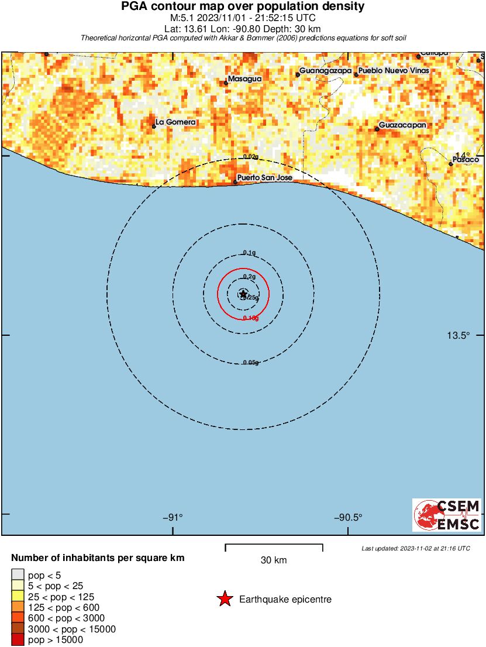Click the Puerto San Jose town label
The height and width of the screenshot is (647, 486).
coord(264,177)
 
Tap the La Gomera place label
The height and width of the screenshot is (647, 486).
coord(175,122)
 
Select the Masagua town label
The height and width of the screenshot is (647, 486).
coord(245,78)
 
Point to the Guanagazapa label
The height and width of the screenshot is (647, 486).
coord(326,71)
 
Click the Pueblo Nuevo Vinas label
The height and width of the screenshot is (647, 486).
coord(394,71)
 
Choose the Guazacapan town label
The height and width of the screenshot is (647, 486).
coord(402,125)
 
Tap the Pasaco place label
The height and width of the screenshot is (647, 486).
coord(466,160)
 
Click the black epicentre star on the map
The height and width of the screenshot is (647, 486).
coord(243,294)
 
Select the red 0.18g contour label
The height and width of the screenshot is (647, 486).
coord(250,318)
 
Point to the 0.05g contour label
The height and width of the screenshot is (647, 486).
coord(250,363)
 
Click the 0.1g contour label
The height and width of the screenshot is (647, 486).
coord(249,253)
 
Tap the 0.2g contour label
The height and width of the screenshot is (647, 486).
coord(249,276)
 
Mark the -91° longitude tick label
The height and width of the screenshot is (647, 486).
coord(173,518)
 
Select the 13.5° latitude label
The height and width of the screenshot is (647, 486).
coord(459,335)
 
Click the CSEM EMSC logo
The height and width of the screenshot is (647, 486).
coord(447,515)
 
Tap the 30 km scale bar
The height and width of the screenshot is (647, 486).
coord(274,548)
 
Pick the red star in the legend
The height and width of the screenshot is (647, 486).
coord(224,599)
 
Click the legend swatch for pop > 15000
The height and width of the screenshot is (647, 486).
coord(18,640)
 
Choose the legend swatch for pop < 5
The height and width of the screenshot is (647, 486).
coord(18,575)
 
